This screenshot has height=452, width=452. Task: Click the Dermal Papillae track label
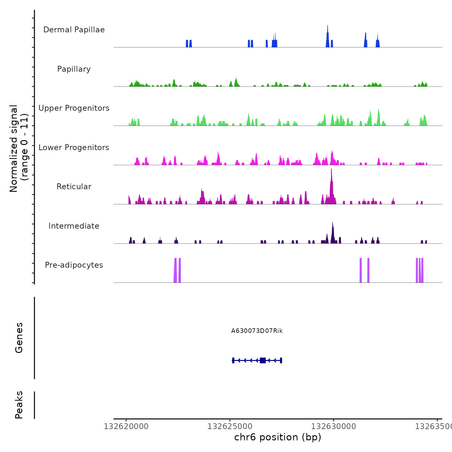(74, 30)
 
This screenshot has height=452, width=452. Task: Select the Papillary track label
(74, 69)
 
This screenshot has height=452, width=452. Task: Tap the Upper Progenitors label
(74, 108)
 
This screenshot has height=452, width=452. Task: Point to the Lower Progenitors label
(74, 148)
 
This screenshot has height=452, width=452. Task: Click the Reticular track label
(74, 187)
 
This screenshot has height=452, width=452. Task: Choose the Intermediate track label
(74, 226)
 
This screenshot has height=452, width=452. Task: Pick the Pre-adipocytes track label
(74, 265)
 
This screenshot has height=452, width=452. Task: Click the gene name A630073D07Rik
(257, 331)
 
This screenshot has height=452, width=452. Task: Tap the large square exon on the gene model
(263, 360)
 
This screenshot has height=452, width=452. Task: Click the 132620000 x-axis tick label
(126, 426)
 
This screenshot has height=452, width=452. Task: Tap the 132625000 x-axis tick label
(230, 426)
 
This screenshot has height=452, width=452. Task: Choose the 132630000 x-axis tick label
(334, 426)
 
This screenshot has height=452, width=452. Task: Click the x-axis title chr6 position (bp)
(278, 437)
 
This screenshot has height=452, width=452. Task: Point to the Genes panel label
(19, 338)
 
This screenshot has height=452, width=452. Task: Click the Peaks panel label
(19, 405)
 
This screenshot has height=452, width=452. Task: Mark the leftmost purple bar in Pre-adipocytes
(175, 271)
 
